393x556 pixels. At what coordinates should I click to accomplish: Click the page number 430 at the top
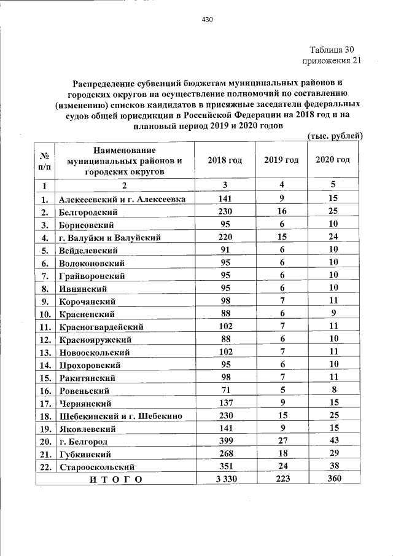tap(207, 20)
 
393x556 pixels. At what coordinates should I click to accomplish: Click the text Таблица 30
tap(332, 49)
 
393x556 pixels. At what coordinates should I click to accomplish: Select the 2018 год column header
tap(225, 160)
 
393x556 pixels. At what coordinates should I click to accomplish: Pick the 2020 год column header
tap(333, 160)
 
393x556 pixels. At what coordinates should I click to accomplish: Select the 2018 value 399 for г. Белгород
tap(225, 440)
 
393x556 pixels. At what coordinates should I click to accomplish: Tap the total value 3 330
tap(225, 479)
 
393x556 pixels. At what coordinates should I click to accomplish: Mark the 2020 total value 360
tap(333, 479)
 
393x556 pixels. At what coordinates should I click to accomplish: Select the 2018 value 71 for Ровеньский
tap(225, 390)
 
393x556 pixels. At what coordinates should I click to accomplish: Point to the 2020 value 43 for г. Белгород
tap(333, 440)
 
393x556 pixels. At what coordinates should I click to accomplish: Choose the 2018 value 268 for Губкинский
tap(225, 453)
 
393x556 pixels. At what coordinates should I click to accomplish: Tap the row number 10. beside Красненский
tap(45, 313)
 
